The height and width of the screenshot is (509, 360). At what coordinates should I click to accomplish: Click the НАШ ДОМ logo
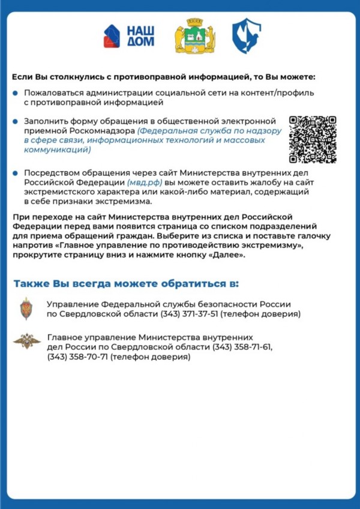click(x=129, y=36)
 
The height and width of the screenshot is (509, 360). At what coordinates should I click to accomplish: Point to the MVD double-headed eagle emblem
click(x=27, y=341)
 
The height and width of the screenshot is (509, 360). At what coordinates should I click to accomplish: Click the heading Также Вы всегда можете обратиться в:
click(x=126, y=283)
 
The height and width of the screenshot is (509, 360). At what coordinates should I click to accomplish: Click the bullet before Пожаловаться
click(x=16, y=93)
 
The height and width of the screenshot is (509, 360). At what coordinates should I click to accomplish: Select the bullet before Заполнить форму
click(x=16, y=121)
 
